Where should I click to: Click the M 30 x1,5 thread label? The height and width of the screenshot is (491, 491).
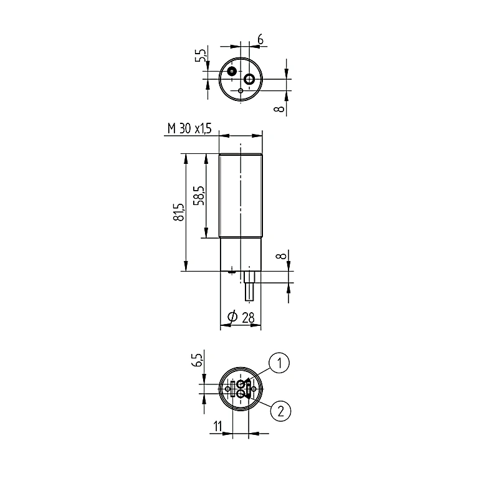coord(189,128)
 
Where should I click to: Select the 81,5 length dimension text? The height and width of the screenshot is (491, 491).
coord(179,212)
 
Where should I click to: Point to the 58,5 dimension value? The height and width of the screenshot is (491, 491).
coord(199,196)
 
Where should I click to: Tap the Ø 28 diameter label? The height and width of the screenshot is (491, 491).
coord(241,318)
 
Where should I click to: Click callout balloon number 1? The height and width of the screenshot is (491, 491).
coord(279,363)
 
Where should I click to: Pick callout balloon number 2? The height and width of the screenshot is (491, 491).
coord(280,411)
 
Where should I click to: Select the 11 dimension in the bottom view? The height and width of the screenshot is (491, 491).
coord(217,426)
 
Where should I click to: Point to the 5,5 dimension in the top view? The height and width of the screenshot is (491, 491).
coord(201,55)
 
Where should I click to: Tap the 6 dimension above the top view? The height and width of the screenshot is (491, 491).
coord(260,40)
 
